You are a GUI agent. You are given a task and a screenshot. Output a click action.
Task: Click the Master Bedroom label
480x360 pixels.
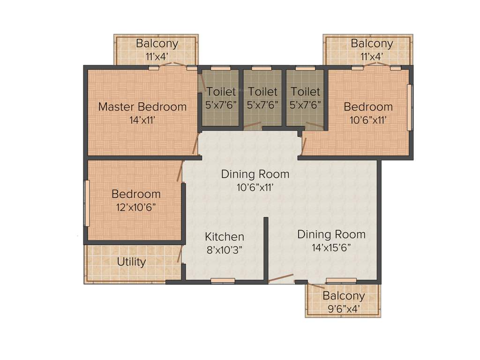click(142, 107)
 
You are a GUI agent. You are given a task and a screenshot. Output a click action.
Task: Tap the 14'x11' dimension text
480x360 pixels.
click(142, 120)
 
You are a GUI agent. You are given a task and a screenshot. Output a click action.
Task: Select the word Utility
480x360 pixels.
click(131, 262)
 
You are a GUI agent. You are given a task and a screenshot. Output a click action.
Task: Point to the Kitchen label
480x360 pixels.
click(225, 237)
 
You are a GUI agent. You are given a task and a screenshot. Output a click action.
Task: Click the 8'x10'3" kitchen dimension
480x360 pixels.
click(225, 250)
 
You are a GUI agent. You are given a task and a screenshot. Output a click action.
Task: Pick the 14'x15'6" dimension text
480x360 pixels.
click(331, 247)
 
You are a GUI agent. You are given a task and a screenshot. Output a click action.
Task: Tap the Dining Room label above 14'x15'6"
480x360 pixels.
click(331, 234)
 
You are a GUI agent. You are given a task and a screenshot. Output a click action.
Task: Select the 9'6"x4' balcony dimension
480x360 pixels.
click(344, 309)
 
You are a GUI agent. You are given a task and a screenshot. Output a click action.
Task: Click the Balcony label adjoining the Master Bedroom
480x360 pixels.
click(157, 44)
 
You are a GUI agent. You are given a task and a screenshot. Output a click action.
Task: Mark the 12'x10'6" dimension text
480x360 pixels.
click(136, 207)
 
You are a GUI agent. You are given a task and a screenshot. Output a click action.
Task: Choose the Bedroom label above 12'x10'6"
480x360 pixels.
click(136, 194)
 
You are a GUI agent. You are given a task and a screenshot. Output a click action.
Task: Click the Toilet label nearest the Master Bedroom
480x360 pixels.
click(221, 92)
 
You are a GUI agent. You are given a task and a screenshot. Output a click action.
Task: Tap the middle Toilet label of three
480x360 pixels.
click(262, 92)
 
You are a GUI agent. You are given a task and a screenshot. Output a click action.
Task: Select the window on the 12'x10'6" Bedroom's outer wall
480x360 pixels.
click(86, 203)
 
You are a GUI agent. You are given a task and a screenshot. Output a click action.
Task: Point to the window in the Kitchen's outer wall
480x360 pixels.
click(223, 280)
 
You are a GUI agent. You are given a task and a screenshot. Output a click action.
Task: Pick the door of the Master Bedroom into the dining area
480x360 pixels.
click(195, 143)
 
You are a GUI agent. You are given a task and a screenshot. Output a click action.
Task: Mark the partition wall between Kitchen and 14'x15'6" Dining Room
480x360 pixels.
click(265, 248)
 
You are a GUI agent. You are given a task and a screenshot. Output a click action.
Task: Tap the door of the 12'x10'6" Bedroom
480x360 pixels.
click(179, 172)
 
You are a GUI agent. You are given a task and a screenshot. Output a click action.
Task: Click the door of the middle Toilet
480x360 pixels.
click(252, 125)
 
